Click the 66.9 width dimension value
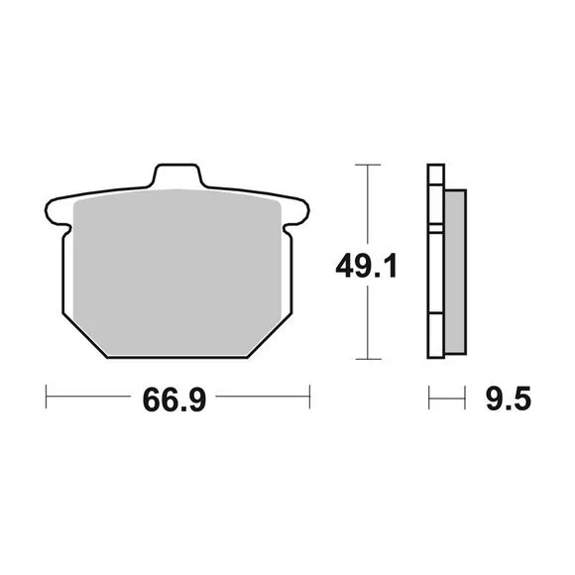click(x=174, y=400)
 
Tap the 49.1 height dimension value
click(x=366, y=266)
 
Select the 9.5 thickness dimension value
click(x=509, y=399)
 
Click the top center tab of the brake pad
click(x=177, y=175)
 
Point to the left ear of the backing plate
click(x=57, y=213)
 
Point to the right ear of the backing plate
click(x=297, y=213)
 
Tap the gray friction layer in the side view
click(x=455, y=272)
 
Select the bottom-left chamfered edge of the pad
click(x=84, y=335)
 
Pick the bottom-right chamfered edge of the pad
click(x=271, y=335)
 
